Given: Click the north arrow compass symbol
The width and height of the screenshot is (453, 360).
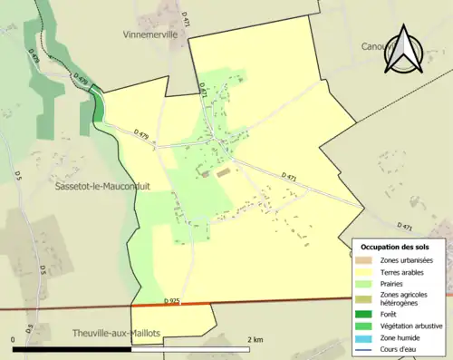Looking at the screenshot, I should (x=404, y=50).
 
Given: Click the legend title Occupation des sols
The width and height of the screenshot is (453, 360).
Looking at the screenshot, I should (x=395, y=247).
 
